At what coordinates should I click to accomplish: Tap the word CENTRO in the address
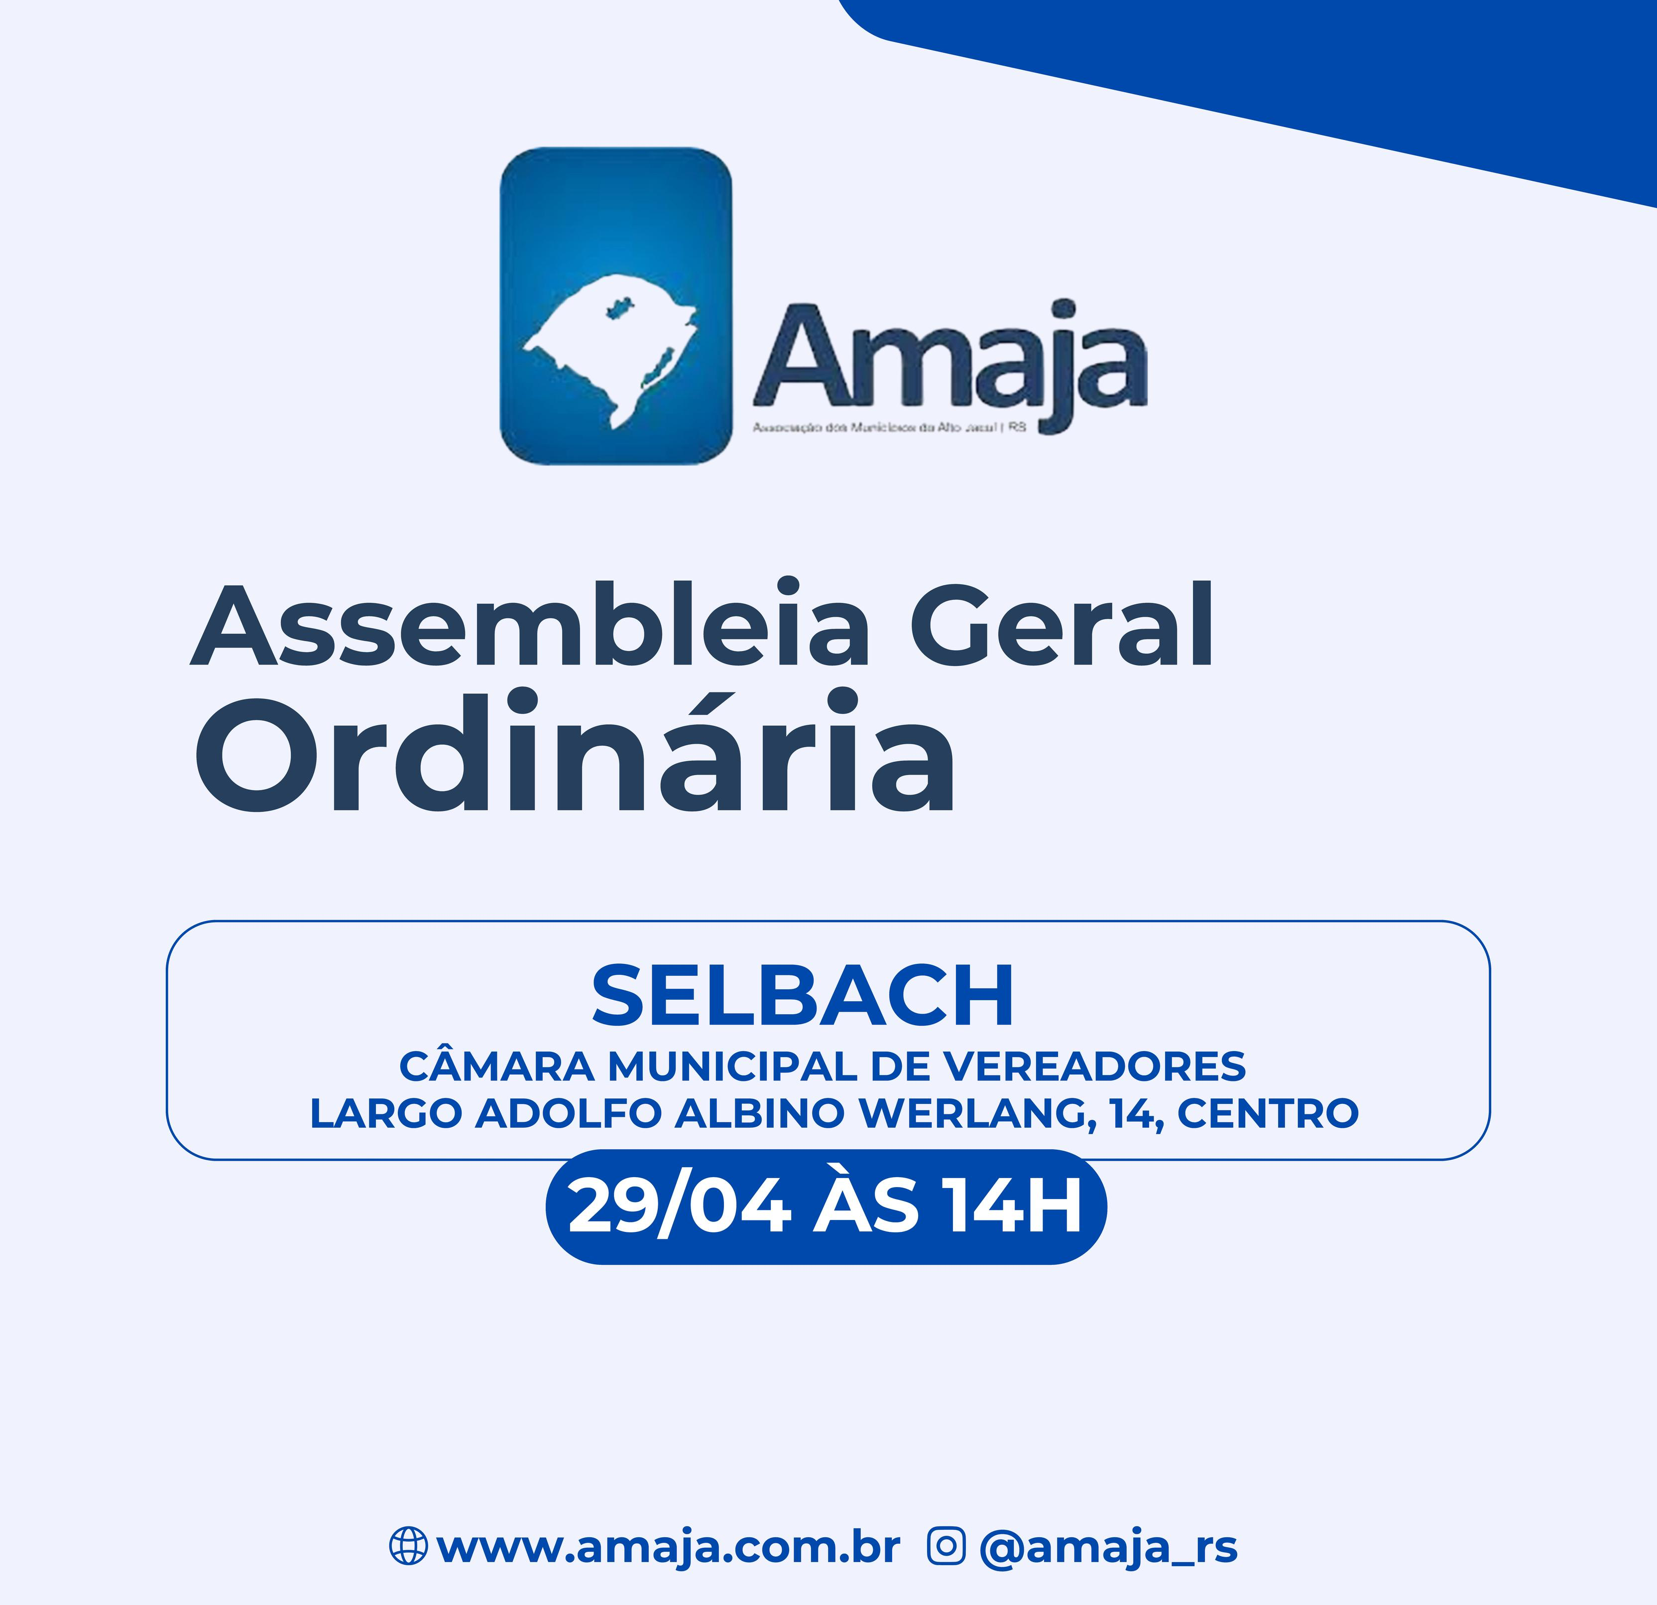(1268, 1114)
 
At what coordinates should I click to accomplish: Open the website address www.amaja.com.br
(668, 1548)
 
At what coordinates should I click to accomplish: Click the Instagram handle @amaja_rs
(1107, 1548)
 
